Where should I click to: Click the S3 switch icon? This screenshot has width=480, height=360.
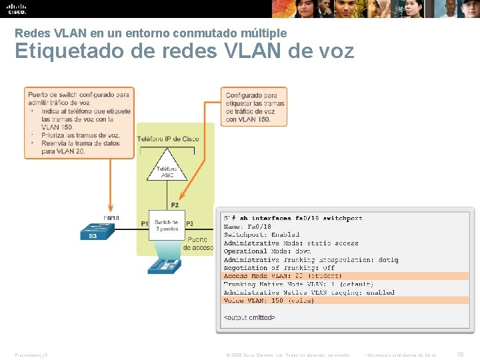[x=97, y=231]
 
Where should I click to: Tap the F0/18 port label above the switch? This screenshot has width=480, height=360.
[x=111, y=217]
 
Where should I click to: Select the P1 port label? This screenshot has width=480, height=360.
[x=145, y=223]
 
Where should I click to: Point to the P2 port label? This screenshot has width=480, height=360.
[x=175, y=205]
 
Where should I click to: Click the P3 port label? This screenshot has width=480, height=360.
[x=190, y=223]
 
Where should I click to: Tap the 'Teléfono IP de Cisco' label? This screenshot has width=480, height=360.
[x=168, y=139]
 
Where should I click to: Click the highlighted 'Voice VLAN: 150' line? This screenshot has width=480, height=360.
[x=269, y=301]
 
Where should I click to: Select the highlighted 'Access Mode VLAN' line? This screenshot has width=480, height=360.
[x=283, y=276]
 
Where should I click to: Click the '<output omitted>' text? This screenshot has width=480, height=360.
[x=249, y=317]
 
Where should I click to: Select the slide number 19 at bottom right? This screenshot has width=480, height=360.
[x=459, y=354]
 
